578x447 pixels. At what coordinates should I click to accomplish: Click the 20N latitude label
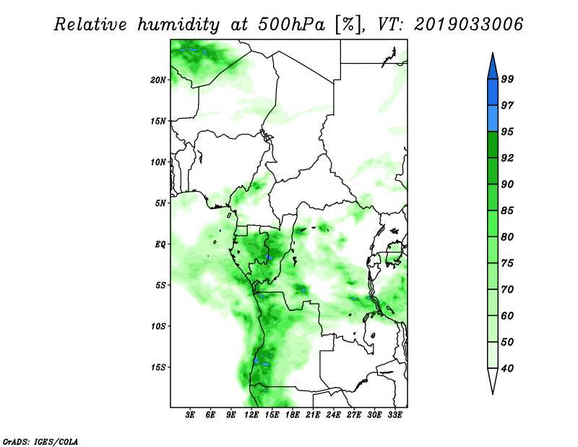tap(158, 80)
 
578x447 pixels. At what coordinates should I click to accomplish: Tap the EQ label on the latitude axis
tap(160, 244)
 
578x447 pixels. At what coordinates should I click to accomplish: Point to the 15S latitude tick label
tap(158, 367)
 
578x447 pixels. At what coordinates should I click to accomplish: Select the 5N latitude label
tap(160, 203)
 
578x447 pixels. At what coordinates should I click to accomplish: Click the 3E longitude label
tap(190, 414)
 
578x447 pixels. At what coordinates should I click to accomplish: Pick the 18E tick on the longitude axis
tap(293, 414)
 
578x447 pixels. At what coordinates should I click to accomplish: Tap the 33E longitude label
tap(394, 414)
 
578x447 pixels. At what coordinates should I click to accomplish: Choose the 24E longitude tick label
tap(333, 414)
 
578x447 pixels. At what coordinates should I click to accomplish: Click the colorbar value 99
tap(507, 79)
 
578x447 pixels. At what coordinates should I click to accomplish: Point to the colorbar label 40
tap(507, 368)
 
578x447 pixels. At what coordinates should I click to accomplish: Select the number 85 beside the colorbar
tap(507, 210)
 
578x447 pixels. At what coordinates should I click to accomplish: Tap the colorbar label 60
tap(507, 315)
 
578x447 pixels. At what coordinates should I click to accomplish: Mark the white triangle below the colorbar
tap(493, 380)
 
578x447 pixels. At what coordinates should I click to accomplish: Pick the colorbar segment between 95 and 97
tap(493, 119)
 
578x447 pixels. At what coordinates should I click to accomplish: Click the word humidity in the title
tap(178, 25)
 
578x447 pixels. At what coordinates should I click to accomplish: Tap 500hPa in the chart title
tap(292, 25)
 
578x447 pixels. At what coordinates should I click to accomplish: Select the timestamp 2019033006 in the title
tap(468, 25)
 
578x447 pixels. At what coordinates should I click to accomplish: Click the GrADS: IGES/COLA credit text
tap(40, 441)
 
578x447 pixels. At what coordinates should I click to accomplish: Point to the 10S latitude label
tap(158, 326)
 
